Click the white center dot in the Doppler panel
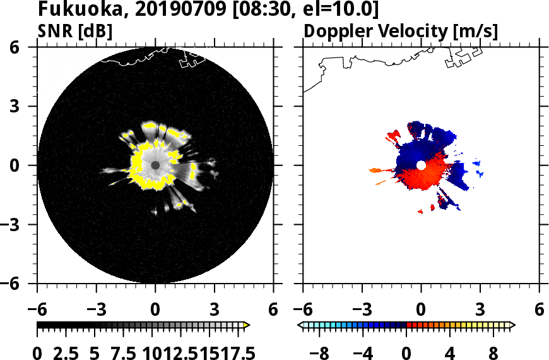421,165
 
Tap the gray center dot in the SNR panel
155,165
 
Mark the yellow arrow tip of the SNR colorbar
247,325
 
